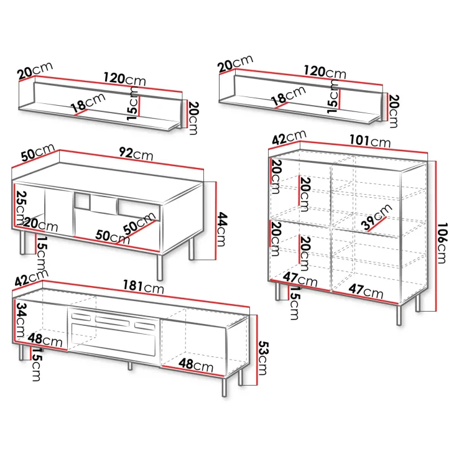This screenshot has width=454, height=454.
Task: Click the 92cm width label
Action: (136, 154)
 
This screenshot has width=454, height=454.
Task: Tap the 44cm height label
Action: (223, 229)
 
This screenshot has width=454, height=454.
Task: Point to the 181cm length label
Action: (143, 287)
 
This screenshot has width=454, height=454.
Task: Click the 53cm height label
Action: (263, 358)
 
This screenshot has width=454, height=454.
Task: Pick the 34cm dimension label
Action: (21, 320)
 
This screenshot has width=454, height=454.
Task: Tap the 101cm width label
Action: (370, 141)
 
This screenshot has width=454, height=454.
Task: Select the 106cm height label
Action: (442, 243)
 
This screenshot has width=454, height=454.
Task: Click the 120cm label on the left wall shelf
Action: (125, 79)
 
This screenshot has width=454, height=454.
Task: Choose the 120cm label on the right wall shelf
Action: (325, 72)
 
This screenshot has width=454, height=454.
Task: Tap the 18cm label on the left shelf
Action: (88, 103)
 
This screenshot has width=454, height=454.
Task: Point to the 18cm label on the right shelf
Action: (289, 96)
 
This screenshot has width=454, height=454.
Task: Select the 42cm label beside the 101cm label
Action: (289, 137)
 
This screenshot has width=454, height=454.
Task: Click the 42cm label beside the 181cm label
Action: (31, 277)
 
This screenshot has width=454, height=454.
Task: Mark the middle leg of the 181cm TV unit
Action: (130, 366)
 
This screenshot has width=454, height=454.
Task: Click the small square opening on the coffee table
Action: (82, 202)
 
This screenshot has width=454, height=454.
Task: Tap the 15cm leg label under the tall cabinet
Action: (294, 303)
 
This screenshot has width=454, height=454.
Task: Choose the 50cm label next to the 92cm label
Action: (38, 152)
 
